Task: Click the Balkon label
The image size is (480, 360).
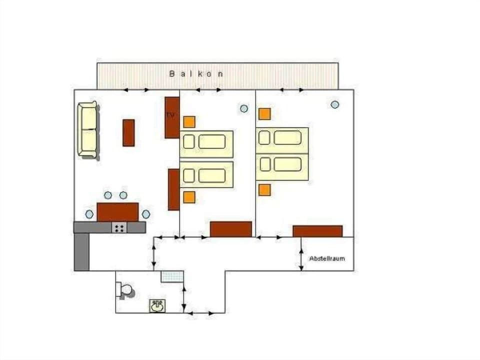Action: [x=196, y=73]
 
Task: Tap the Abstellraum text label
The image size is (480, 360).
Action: [x=327, y=258]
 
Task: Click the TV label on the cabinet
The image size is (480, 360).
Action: [x=170, y=115]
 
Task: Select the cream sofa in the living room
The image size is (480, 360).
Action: [x=87, y=129]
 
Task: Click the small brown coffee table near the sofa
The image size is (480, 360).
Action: [x=128, y=132]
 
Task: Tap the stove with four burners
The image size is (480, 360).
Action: [x=119, y=228]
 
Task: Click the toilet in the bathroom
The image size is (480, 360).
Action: [x=124, y=290]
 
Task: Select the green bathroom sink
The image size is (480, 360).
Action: [x=157, y=305]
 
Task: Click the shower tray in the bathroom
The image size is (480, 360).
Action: [x=172, y=276]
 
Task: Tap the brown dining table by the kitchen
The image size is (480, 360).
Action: [x=117, y=212]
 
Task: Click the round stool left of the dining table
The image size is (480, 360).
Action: [x=89, y=214]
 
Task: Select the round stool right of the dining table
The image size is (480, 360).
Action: [x=146, y=214]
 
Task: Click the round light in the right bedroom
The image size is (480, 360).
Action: [x=335, y=104]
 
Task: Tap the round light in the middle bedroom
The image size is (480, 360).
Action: [x=243, y=108]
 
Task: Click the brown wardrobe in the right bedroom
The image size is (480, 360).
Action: [x=317, y=231]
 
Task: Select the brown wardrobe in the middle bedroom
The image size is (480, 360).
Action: [x=230, y=229]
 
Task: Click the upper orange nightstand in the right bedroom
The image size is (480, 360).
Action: [x=264, y=114]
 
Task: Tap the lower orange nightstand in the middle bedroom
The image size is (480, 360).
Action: [x=189, y=197]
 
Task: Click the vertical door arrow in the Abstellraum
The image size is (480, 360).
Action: [x=301, y=254]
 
